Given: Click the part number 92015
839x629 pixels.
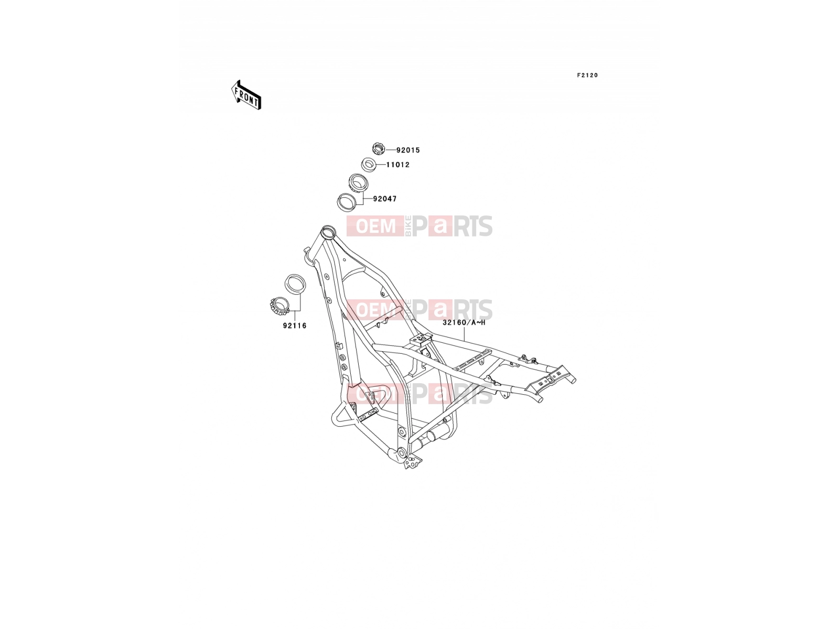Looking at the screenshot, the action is [x=408, y=150].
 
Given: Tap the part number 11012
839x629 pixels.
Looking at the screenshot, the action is [x=397, y=165].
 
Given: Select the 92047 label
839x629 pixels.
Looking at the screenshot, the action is [x=385, y=199].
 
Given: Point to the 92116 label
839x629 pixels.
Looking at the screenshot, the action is [x=295, y=326].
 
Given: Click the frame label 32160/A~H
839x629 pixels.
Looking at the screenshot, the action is [x=464, y=322].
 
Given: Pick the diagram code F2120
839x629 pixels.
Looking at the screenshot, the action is [x=587, y=75].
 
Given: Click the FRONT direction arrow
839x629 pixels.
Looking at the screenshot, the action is [x=246, y=95].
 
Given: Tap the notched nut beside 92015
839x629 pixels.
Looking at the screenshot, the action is [x=379, y=148].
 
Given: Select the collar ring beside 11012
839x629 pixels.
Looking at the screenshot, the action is [x=369, y=165].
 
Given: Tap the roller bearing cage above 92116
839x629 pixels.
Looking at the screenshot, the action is [x=280, y=306].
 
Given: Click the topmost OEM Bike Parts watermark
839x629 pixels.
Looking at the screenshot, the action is [x=419, y=226].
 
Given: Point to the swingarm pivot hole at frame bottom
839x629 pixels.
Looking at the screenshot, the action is [x=401, y=453].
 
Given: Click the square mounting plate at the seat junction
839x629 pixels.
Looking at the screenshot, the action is [x=421, y=338].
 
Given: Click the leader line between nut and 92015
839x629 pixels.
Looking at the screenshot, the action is [x=390, y=150].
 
